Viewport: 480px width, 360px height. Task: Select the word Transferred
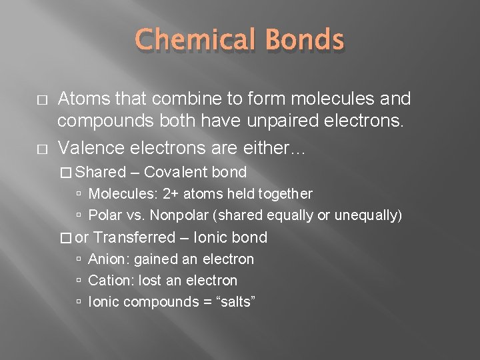(135, 237)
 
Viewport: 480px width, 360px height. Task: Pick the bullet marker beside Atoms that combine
(38, 99)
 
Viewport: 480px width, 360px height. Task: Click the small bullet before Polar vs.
(79, 216)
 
